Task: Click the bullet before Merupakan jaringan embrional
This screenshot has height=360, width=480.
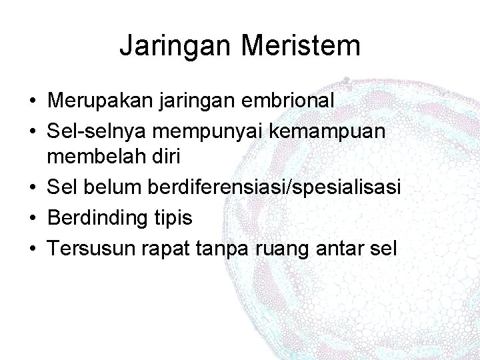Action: coord(32,101)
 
